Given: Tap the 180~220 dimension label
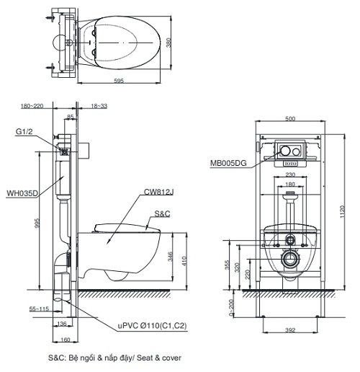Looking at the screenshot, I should (x=32, y=106).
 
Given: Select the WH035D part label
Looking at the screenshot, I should (x=22, y=192).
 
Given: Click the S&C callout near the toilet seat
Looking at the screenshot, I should (x=163, y=213).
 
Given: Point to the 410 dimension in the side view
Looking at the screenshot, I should (x=184, y=259).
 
